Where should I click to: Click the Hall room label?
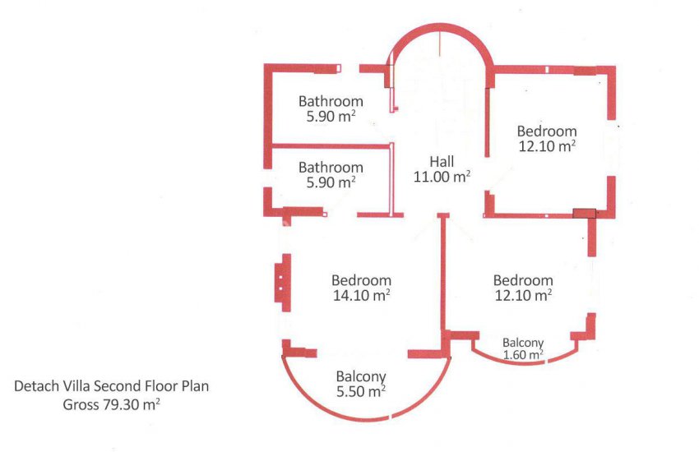pos(442,161)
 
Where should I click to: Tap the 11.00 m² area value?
pos(442,177)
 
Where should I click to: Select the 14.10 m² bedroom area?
pos(362,295)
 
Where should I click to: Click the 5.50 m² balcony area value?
pos(361,391)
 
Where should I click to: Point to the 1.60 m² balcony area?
pos(523,354)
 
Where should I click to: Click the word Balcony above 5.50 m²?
pos(361,376)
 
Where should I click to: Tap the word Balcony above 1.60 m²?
pos(523,343)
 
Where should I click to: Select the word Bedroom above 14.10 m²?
pos(362,280)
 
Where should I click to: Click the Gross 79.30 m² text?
pos(112,404)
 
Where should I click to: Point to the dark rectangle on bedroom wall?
pos(584,214)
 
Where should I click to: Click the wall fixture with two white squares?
pos(283,283)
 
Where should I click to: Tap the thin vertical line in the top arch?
pos(440,44)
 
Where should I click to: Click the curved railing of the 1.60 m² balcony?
pos(525,363)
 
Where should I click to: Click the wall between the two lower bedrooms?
pos(443,276)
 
